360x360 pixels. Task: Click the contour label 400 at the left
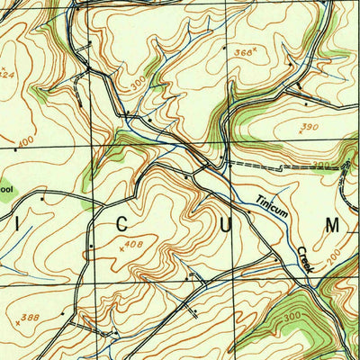click(x=24, y=142)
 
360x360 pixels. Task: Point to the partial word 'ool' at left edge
click(x=6, y=190)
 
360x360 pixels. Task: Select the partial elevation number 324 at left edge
click(x=6, y=75)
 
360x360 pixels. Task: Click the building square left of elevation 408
click(x=90, y=245)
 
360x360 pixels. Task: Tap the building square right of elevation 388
click(x=63, y=313)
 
